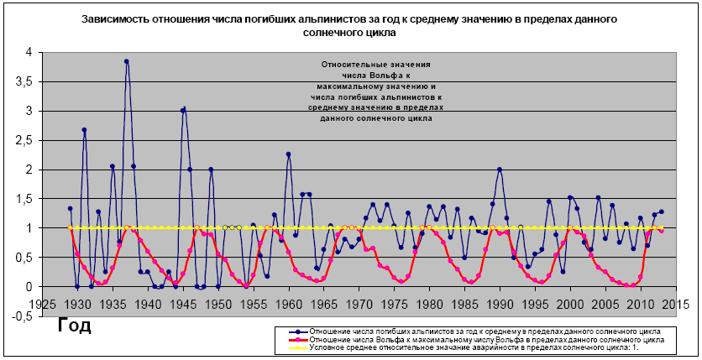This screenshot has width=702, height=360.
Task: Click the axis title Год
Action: click(75, 325)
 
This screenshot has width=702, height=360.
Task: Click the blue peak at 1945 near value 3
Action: click(183, 109)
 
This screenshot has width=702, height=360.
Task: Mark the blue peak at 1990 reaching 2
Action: click(500, 169)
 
